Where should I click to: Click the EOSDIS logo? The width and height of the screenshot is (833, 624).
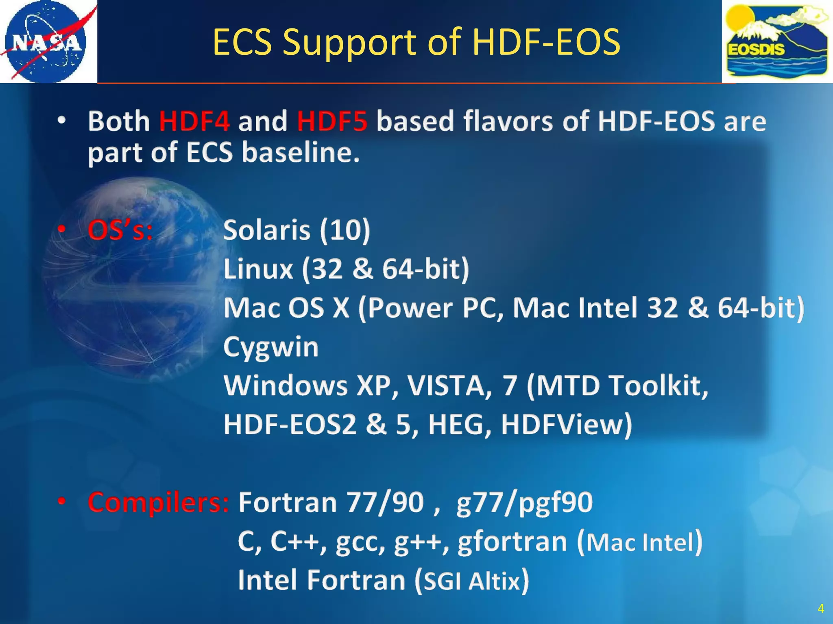click(x=777, y=42)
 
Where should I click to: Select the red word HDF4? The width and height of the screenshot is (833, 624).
click(x=194, y=121)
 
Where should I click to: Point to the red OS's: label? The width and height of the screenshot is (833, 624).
click(x=120, y=230)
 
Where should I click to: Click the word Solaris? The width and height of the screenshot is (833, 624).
click(x=267, y=230)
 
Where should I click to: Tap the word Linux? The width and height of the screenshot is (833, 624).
click(x=258, y=269)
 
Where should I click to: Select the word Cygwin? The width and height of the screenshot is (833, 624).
click(x=271, y=347)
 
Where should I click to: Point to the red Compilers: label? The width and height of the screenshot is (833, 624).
click(x=158, y=503)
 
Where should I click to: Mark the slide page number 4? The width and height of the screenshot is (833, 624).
click(x=821, y=609)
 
